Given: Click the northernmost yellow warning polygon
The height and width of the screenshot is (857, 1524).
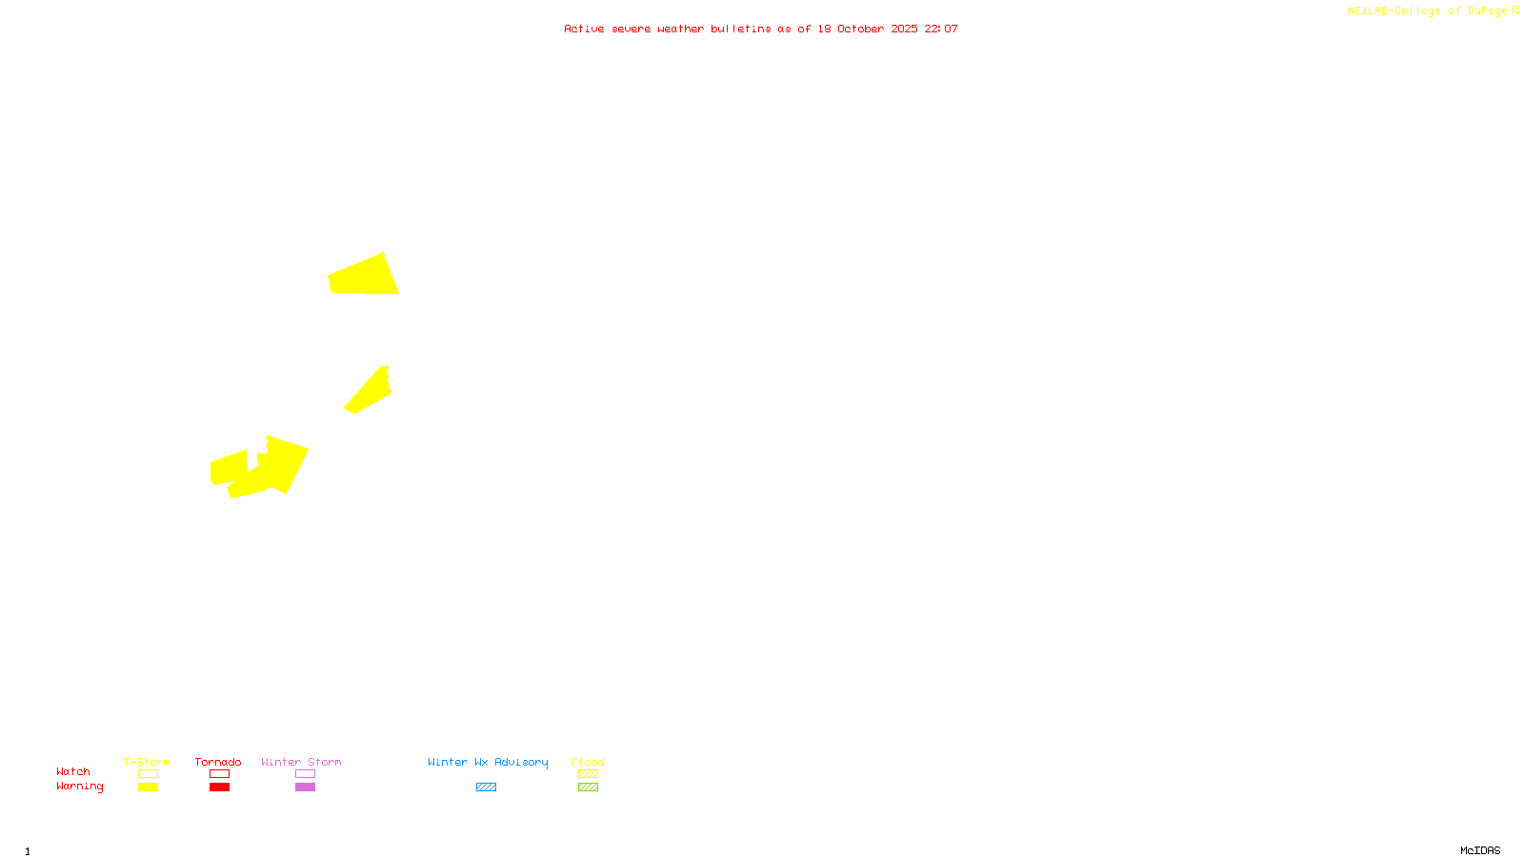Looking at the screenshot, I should point(363,276).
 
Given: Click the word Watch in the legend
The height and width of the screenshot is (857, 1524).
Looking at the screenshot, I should point(73,772).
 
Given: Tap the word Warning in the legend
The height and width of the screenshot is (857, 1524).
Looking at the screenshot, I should point(79,787).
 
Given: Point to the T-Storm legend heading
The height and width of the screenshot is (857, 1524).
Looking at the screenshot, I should point(147,762).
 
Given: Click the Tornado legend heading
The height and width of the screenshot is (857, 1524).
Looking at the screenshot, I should point(218,762).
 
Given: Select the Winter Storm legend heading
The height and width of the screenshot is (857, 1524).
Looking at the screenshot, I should point(301,762).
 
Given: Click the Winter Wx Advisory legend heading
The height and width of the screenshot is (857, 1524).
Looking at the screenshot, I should point(488,762).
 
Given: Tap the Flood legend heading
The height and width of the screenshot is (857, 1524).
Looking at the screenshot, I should point(588,762).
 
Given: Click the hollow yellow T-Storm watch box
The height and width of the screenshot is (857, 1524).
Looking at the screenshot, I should point(148,774).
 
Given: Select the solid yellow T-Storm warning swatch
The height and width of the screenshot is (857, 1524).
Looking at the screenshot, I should point(148,787).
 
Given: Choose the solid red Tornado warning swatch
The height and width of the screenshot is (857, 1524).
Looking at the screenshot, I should point(220,787).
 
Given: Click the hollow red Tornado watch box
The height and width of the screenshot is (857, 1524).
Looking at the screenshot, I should point(220,774).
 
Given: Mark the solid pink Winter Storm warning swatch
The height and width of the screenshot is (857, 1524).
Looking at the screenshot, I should point(305,787).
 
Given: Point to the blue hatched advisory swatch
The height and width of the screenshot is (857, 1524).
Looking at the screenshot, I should point(486,787).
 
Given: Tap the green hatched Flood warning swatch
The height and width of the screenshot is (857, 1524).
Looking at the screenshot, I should point(588,787).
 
